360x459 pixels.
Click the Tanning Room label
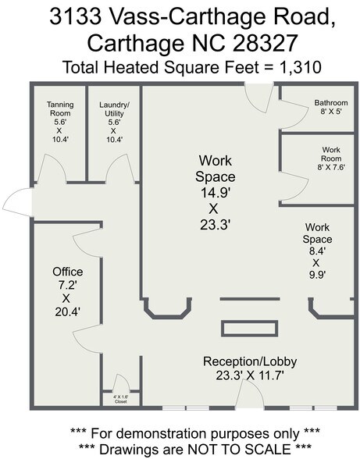point(60,122)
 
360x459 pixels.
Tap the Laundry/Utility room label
point(114,122)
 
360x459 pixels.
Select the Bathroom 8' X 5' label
point(331,107)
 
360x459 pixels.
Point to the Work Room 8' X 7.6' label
point(331,158)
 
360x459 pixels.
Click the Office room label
point(68,272)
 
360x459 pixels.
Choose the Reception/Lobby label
point(250,361)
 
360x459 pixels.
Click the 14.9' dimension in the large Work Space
point(215,193)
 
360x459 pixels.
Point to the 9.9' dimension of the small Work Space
point(318,275)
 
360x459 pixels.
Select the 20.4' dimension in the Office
point(68,312)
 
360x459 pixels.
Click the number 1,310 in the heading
point(301,67)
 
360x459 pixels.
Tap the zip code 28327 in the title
point(265,43)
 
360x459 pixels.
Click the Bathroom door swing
point(294,114)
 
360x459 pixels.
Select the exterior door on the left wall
point(18,202)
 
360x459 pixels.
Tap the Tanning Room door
point(52,169)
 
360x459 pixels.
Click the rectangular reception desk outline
point(249,329)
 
